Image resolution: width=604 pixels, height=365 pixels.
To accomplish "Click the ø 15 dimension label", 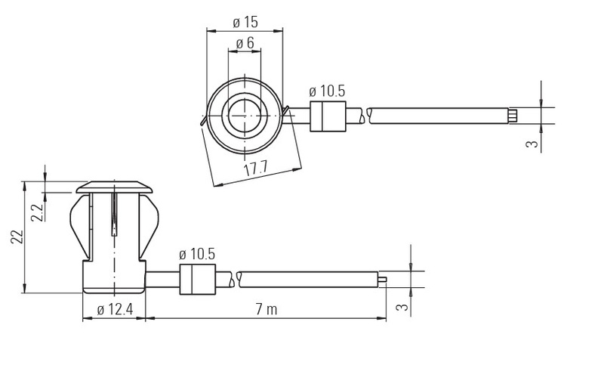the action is (x=245, y=22).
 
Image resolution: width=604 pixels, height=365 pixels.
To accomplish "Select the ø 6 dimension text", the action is (x=245, y=43).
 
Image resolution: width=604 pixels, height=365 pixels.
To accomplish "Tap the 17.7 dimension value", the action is (x=255, y=168).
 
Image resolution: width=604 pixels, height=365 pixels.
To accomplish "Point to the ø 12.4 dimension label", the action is (x=115, y=309).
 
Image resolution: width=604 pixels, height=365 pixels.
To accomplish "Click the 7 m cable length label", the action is (x=267, y=309).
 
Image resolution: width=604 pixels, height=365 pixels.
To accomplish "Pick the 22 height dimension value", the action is (x=17, y=237).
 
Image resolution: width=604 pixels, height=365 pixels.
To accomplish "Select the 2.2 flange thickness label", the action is (x=37, y=212).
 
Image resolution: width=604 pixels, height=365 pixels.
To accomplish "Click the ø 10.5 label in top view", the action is (x=327, y=91).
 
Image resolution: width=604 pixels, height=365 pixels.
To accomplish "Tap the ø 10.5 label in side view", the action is (x=197, y=254).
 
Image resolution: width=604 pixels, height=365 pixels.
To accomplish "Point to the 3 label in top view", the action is (x=532, y=144).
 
